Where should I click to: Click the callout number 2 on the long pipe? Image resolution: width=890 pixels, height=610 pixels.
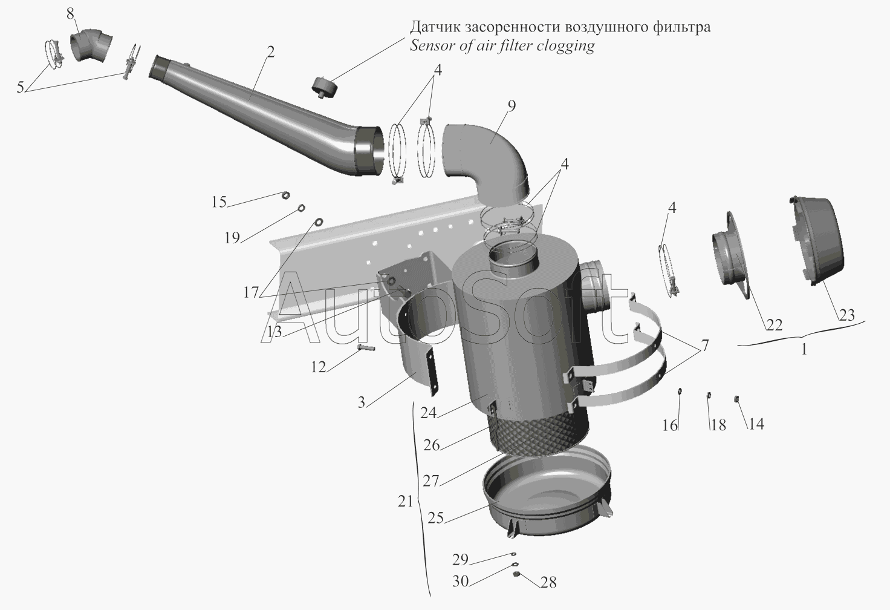pos(270,52)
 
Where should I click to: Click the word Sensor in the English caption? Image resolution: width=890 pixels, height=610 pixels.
pos(430,47)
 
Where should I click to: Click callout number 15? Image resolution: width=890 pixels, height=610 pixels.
pos(219,202)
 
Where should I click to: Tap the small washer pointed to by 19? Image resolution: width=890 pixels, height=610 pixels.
pos(300,209)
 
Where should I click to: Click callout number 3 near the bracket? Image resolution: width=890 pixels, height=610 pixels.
pos(361,402)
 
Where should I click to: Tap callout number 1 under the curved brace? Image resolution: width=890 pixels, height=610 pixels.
pos(804,350)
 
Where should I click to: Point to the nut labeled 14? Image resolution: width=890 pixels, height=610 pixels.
pos(737,398)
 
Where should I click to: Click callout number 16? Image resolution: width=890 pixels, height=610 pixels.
pos(669,425)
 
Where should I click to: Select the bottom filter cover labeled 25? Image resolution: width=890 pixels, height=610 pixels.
pos(547,496)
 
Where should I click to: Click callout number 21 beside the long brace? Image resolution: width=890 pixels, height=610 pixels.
pos(406,501)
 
